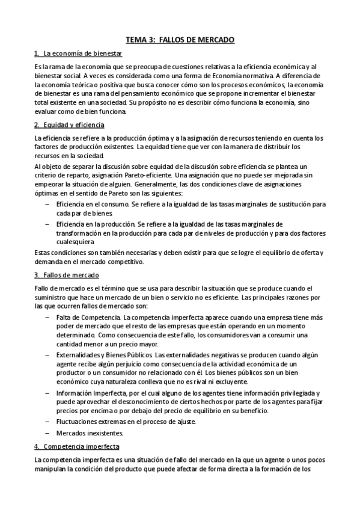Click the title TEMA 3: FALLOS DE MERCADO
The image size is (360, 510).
point(180,40)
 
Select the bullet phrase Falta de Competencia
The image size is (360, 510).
point(88,317)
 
